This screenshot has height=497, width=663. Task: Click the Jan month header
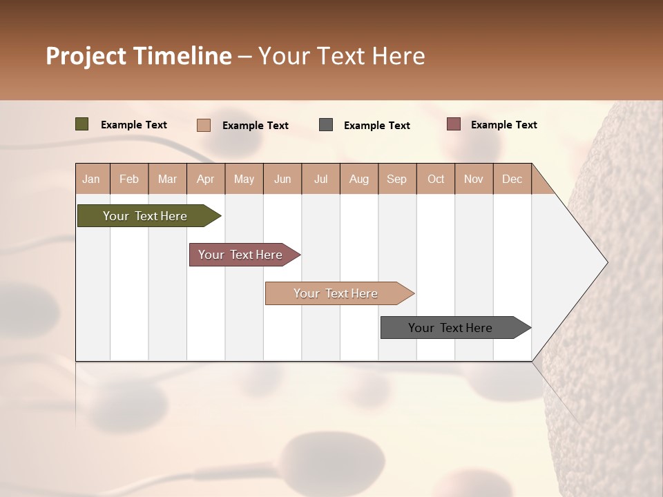pos(91,179)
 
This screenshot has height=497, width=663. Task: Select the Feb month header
pos(129,179)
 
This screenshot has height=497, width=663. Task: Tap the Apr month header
pos(205,179)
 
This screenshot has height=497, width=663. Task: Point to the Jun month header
pos(282,179)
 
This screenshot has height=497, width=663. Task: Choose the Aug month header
pos(359,179)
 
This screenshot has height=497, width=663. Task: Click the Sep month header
pos(396,179)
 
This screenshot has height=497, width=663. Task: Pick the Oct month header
pos(436,179)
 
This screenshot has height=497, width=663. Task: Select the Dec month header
pos(512,179)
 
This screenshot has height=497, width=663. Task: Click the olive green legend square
pos(82,124)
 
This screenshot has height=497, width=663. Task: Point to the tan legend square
pos(204,125)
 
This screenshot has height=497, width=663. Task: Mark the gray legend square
pos(326,125)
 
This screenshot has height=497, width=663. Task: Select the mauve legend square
pos(454,124)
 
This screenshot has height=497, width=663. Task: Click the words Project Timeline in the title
pos(139,56)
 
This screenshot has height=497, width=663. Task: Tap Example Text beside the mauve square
pos(503,125)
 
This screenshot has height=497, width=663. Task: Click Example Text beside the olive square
pos(134,125)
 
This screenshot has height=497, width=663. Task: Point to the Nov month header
pos(474,179)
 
